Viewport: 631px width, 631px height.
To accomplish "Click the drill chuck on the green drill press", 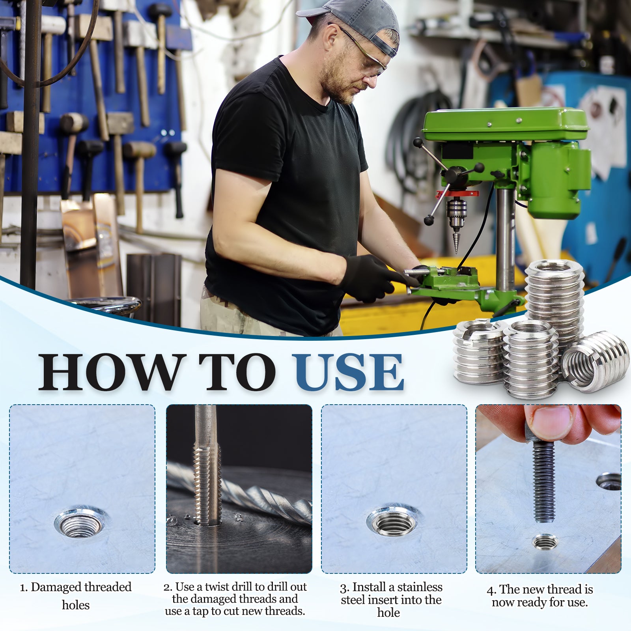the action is click(456, 215).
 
